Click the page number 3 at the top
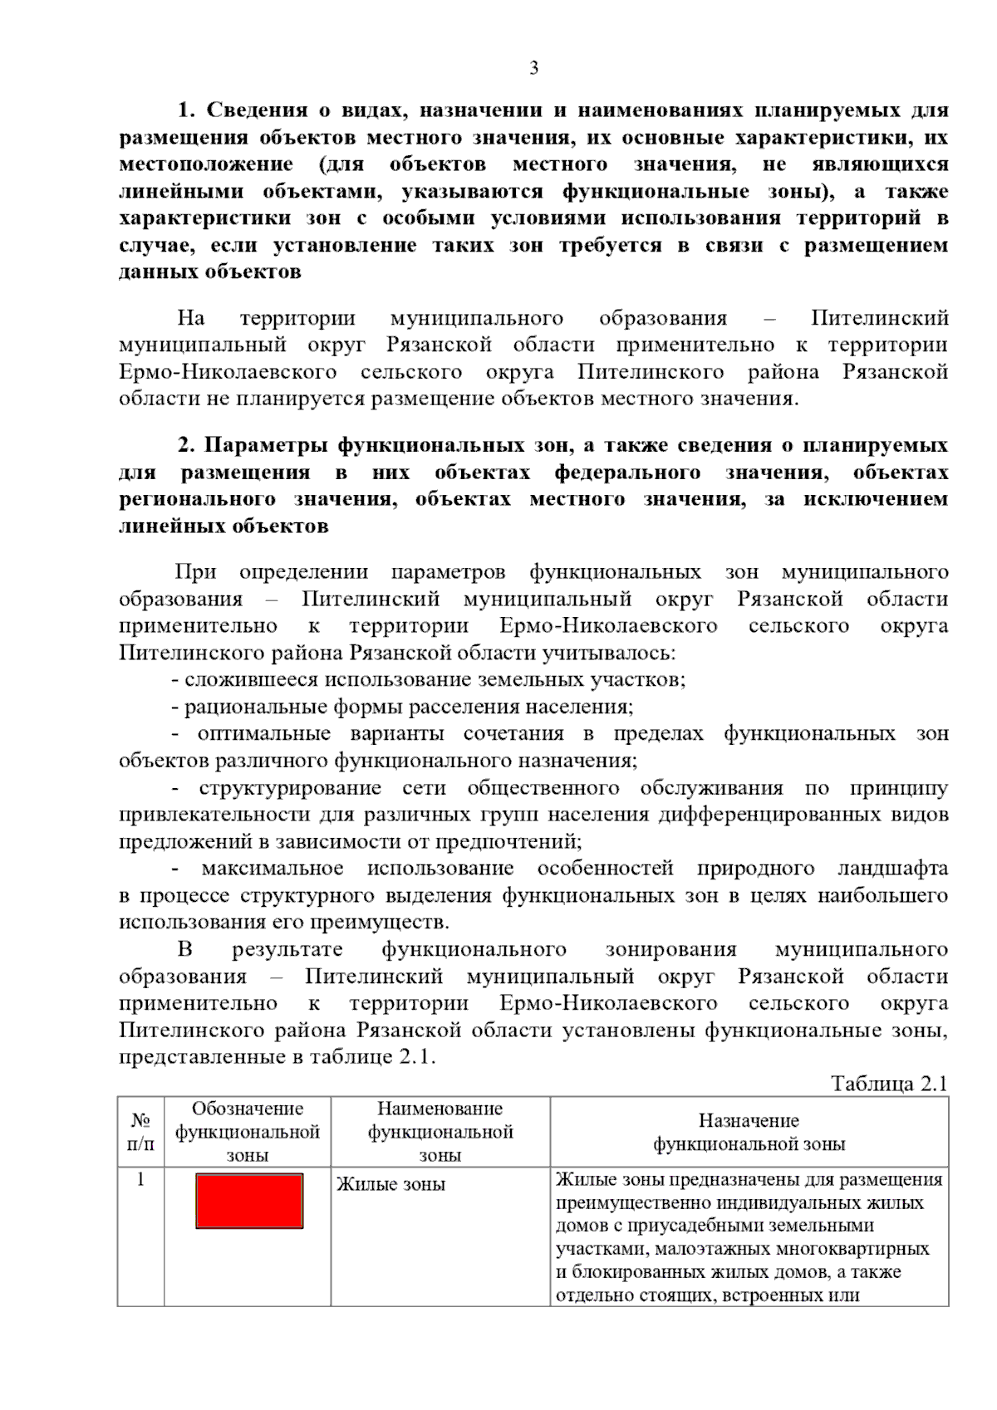[533, 68]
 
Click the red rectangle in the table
[249, 1200]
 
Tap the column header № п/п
[140, 1131]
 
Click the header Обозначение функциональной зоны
[248, 1131]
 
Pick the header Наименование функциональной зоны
[440, 1131]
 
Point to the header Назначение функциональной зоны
[749, 1132]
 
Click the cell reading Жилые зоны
[390, 1184]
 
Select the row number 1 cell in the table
[140, 1179]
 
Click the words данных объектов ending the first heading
[210, 272]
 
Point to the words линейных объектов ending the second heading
[223, 526]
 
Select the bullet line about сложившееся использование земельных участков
[428, 680]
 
